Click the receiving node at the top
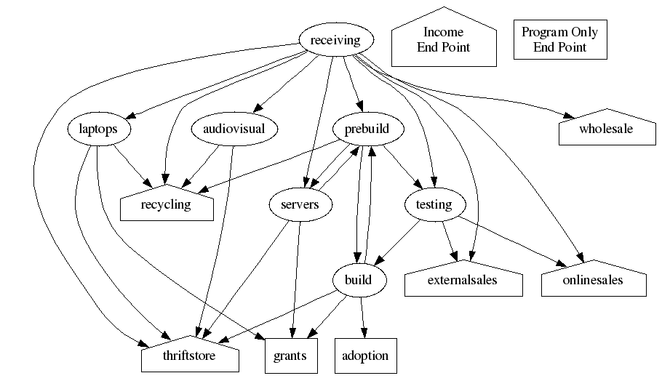click(x=335, y=40)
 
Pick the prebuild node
click(x=361, y=130)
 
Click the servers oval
click(x=300, y=205)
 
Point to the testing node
click(x=434, y=205)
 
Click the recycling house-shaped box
click(x=167, y=204)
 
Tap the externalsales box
click(x=463, y=280)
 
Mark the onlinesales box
click(x=594, y=280)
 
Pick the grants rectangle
click(x=290, y=356)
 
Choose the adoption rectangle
click(x=365, y=356)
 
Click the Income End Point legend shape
click(x=443, y=40)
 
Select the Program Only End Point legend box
click(x=559, y=40)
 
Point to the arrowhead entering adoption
click(x=364, y=333)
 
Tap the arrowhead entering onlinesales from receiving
click(x=581, y=256)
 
